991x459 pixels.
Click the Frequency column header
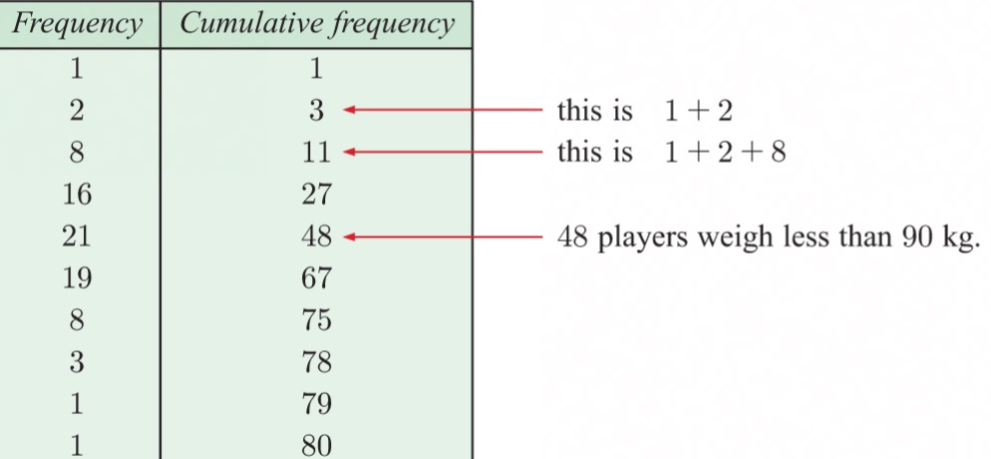click(78, 24)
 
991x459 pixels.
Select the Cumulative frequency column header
click(316, 24)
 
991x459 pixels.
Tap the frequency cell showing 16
click(77, 194)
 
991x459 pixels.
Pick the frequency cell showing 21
click(77, 236)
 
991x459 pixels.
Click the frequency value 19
click(77, 278)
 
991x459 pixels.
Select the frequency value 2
click(77, 110)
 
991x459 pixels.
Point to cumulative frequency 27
click(316, 194)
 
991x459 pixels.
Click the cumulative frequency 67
click(316, 278)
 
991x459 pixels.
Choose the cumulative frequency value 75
click(316, 321)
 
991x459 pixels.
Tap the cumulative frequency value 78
click(316, 363)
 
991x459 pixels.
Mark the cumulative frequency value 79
click(316, 405)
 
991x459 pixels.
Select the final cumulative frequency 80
click(316, 444)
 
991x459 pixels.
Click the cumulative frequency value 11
click(316, 152)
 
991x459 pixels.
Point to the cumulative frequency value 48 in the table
click(316, 236)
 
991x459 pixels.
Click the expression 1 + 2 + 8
click(726, 153)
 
